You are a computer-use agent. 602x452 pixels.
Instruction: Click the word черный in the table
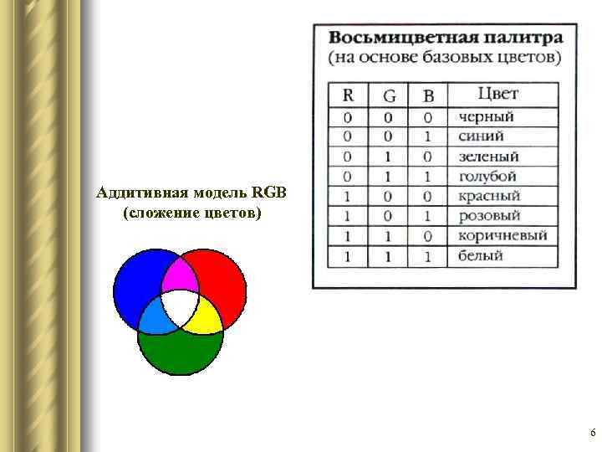[486, 117]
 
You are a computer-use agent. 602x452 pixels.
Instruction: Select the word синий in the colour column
[481, 136]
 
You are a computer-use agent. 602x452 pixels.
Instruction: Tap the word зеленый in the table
[488, 157]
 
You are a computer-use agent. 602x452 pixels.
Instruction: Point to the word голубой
[487, 177]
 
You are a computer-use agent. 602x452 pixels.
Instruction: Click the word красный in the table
[489, 196]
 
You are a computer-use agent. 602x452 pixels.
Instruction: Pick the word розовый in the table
[489, 216]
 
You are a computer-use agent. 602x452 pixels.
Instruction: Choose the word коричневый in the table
[503, 235]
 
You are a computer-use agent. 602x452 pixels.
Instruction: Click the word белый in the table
[481, 255]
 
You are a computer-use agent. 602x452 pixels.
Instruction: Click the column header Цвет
[498, 94]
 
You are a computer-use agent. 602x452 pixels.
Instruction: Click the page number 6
[592, 433]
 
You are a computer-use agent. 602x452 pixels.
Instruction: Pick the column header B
[429, 95]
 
